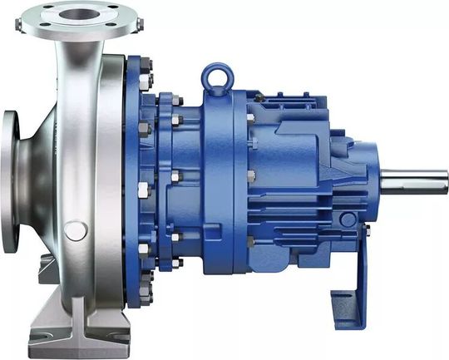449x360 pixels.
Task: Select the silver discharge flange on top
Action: [x=83, y=17]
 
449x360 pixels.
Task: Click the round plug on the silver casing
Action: [x=75, y=229]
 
